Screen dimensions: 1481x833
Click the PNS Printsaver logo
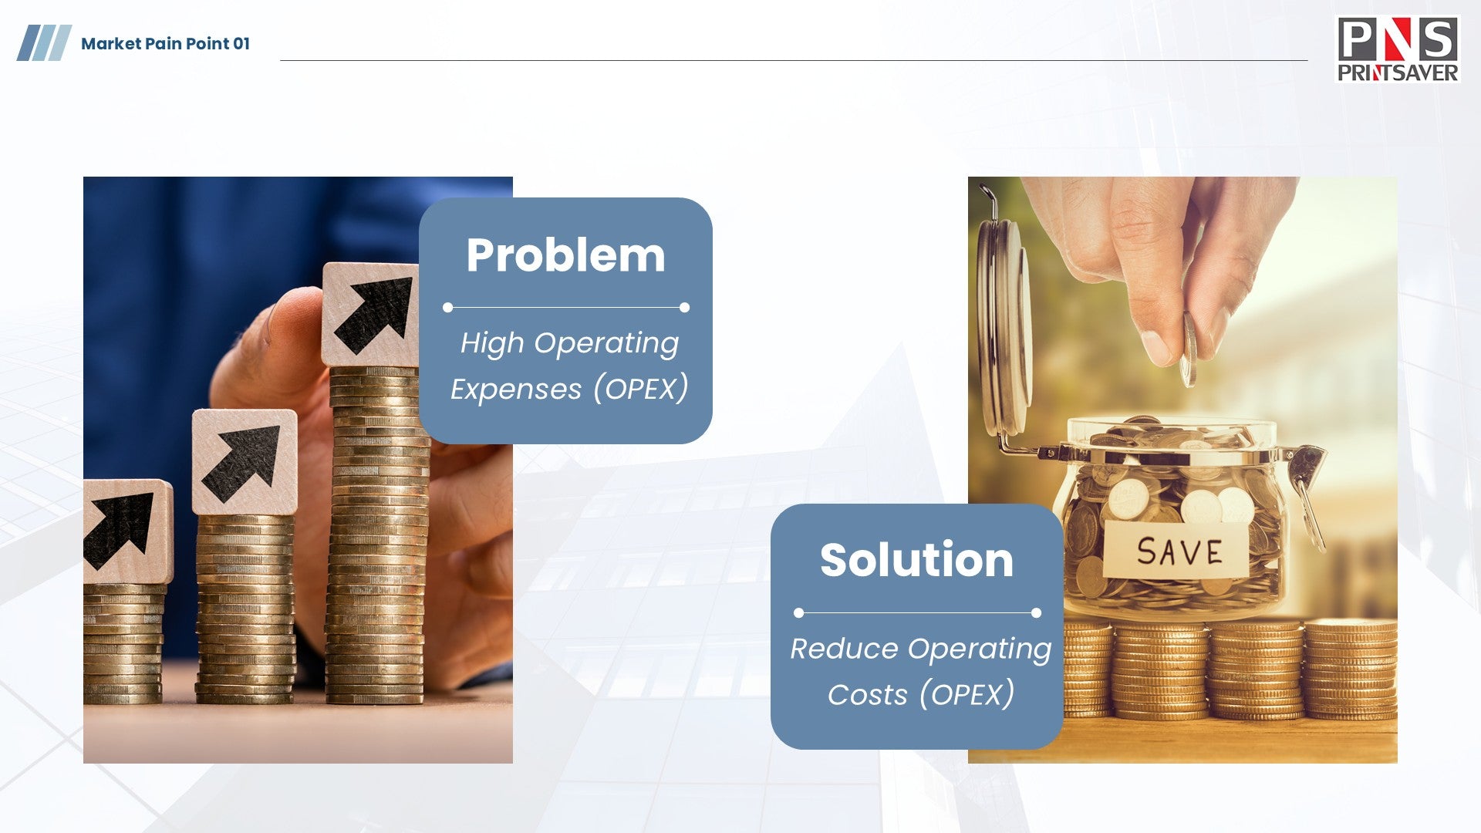click(x=1398, y=49)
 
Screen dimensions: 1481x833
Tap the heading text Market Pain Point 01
click(x=166, y=44)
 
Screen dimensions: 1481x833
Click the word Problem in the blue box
click(x=565, y=255)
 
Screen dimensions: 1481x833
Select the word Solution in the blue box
click(x=916, y=560)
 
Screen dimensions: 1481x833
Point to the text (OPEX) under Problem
click(x=640, y=389)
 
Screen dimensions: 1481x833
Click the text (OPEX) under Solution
click(x=967, y=694)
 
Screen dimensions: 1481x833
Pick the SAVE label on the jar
click(x=1179, y=551)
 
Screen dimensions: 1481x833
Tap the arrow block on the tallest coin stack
click(x=371, y=315)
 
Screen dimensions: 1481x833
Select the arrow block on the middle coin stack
click(x=245, y=462)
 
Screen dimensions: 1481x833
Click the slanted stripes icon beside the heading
click(x=44, y=43)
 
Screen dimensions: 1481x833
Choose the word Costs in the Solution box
click(x=868, y=695)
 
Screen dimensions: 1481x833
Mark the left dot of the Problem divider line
click(x=447, y=308)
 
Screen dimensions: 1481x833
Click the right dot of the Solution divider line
click(x=1036, y=613)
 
